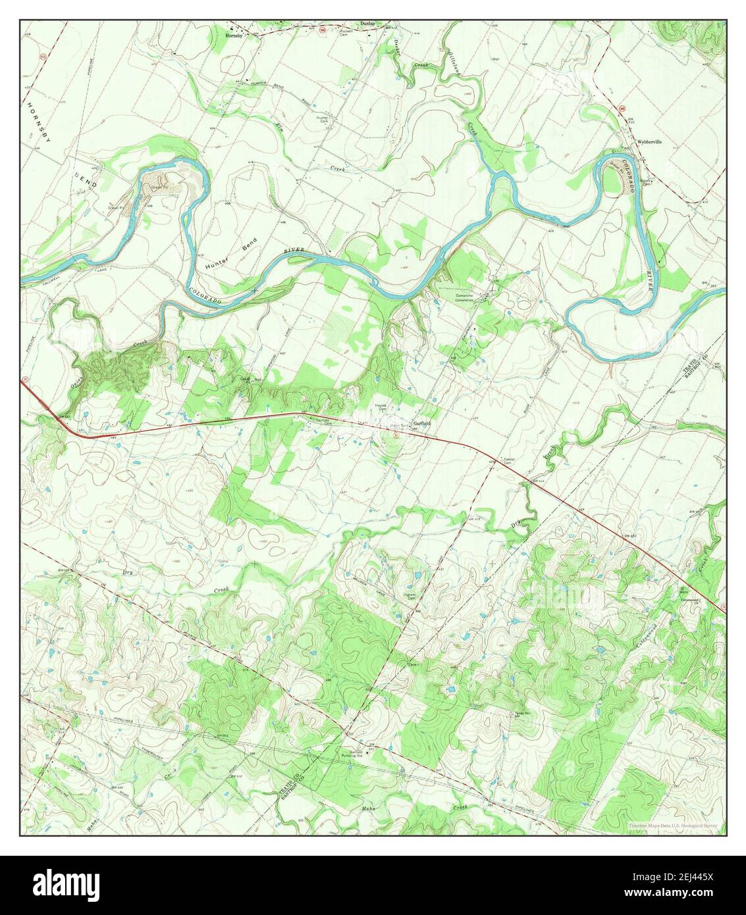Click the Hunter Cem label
point(323,119)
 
